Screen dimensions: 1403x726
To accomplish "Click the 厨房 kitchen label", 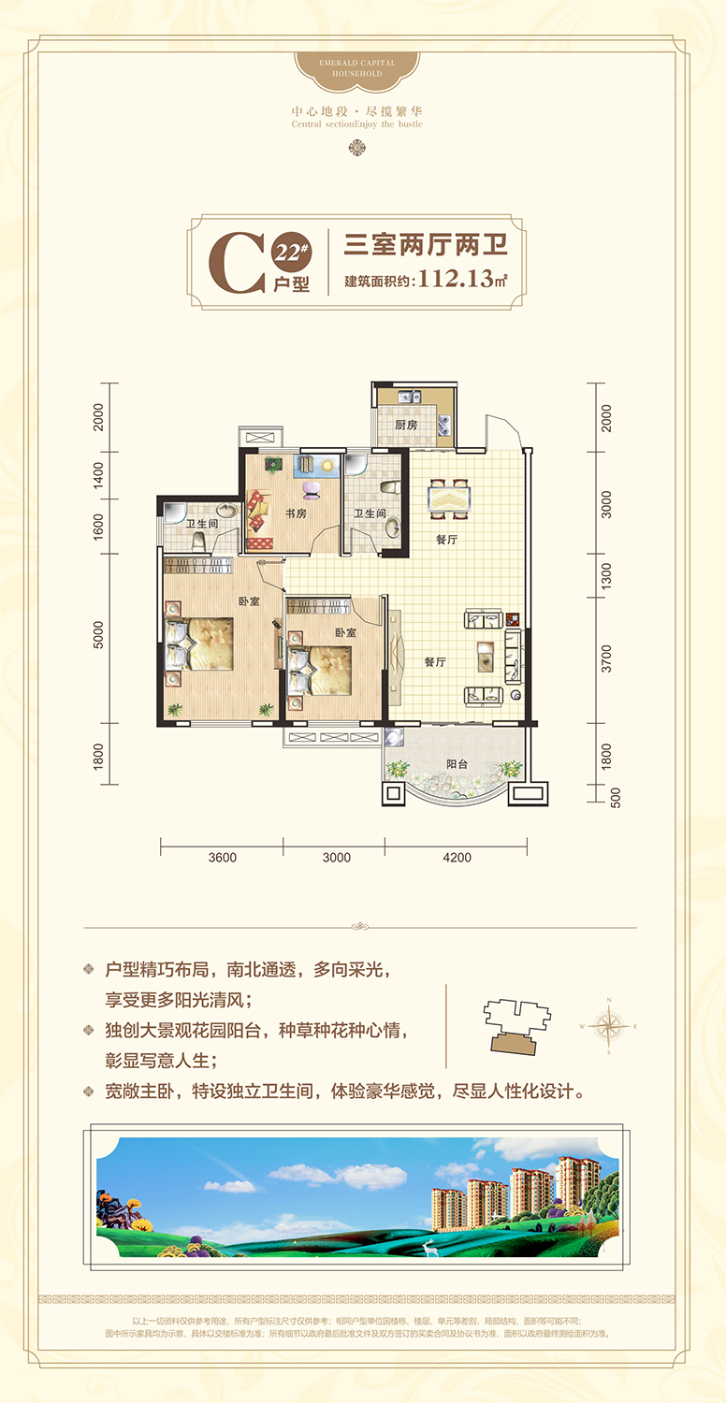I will [405, 425].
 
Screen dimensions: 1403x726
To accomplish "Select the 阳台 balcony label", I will [457, 764].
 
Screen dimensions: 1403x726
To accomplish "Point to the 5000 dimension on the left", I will [99, 635].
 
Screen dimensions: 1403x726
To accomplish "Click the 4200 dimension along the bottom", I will [457, 857].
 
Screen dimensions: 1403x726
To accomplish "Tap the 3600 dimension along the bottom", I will [223, 857].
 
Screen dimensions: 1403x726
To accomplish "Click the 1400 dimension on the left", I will [99, 479].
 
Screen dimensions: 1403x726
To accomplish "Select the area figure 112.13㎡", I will [462, 279].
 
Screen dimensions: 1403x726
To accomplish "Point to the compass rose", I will [608, 1026].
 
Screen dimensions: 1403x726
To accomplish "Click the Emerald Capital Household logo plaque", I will [356, 67].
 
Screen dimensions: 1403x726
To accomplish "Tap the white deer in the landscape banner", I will [429, 1247].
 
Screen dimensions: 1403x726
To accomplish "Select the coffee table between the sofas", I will [485, 656].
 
